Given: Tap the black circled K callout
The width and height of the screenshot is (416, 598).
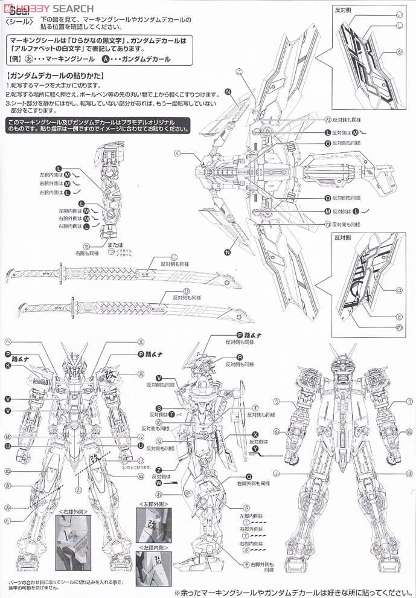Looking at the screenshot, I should coord(8,365).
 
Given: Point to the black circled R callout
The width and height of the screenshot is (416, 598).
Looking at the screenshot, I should coord(240,358).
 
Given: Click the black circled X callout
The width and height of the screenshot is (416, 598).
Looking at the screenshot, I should coord(255,435).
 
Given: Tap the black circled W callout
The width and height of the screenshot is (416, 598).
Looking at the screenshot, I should coord(159,483).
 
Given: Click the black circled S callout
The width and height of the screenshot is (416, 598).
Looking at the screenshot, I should coord(159,408).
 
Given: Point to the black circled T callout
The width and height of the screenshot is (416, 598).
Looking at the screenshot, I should coord(171,415).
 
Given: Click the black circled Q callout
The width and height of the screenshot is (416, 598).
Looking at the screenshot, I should coord(248,475).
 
